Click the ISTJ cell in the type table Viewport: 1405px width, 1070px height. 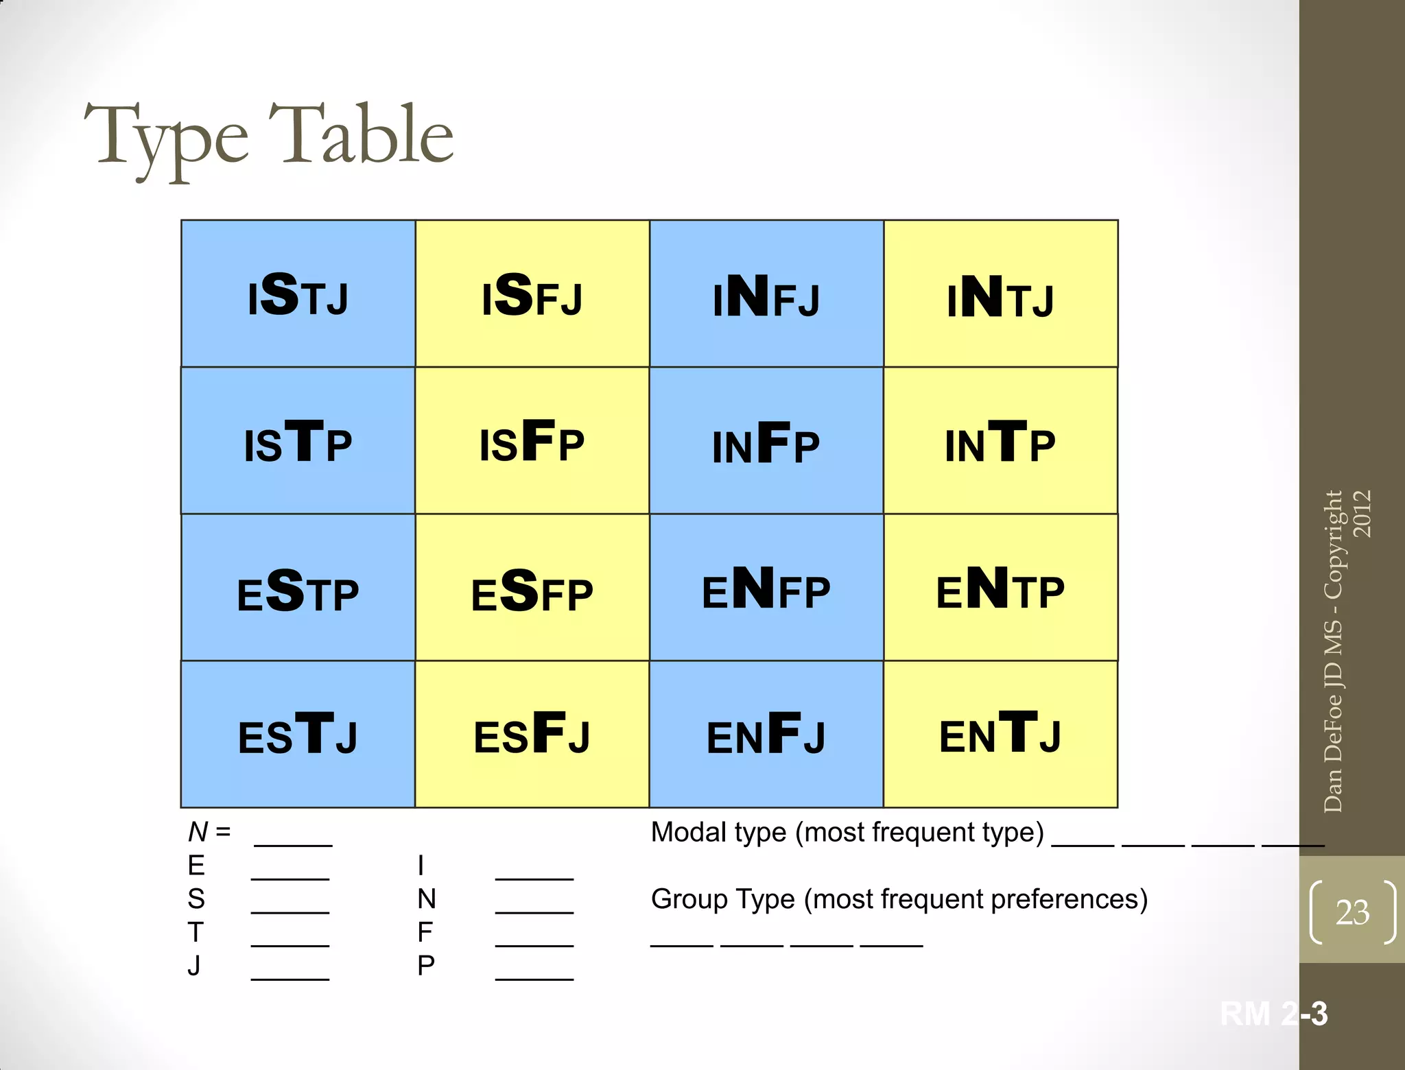click(x=298, y=294)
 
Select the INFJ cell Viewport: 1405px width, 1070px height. click(x=766, y=294)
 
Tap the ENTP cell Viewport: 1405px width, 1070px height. click(x=1000, y=588)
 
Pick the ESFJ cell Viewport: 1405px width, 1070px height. click(x=532, y=735)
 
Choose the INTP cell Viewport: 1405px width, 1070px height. click(x=1000, y=441)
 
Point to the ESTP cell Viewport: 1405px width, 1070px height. click(x=298, y=588)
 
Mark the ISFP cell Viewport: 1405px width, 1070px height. click(x=532, y=441)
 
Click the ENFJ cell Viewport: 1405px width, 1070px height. click(x=766, y=735)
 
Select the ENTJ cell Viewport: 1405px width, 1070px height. click(x=1000, y=735)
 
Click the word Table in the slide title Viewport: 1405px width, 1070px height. click(x=361, y=135)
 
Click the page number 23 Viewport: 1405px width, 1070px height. click(x=1352, y=912)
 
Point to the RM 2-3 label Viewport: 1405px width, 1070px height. click(x=1273, y=1014)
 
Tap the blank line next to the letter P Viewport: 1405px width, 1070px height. click(x=534, y=976)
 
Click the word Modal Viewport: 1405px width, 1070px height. click(x=689, y=833)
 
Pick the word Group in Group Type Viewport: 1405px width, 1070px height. click(x=688, y=899)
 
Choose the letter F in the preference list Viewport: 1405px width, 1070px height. click(x=425, y=932)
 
